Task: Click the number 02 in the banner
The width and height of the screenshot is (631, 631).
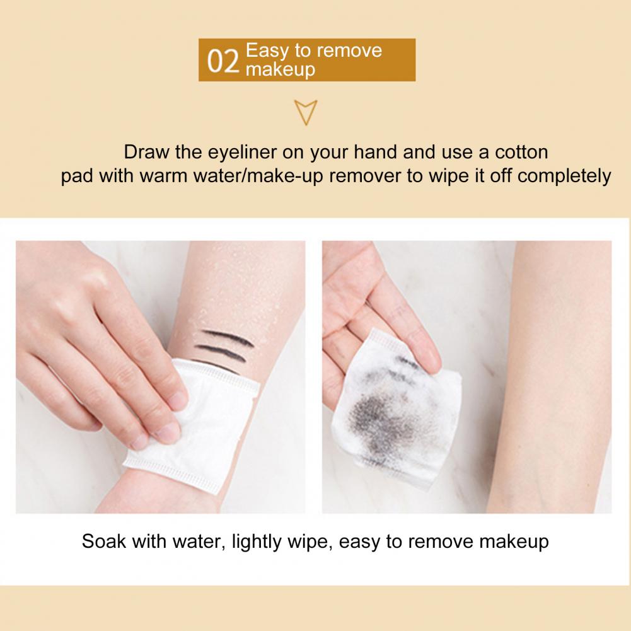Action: [x=223, y=61]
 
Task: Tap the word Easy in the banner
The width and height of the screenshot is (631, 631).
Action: [x=267, y=50]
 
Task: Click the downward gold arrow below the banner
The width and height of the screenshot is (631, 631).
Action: [x=306, y=112]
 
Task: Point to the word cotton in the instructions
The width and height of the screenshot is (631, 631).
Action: [x=521, y=152]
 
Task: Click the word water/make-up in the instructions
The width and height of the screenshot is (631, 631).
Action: [x=258, y=177]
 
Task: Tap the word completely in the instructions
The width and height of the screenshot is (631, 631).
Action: [x=564, y=177]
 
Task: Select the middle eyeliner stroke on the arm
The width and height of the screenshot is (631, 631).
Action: [x=219, y=351]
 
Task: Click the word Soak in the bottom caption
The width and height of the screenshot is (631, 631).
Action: [x=104, y=541]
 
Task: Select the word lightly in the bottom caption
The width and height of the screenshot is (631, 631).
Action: [x=256, y=542]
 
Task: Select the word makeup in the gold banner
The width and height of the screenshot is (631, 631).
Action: [x=280, y=69]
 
